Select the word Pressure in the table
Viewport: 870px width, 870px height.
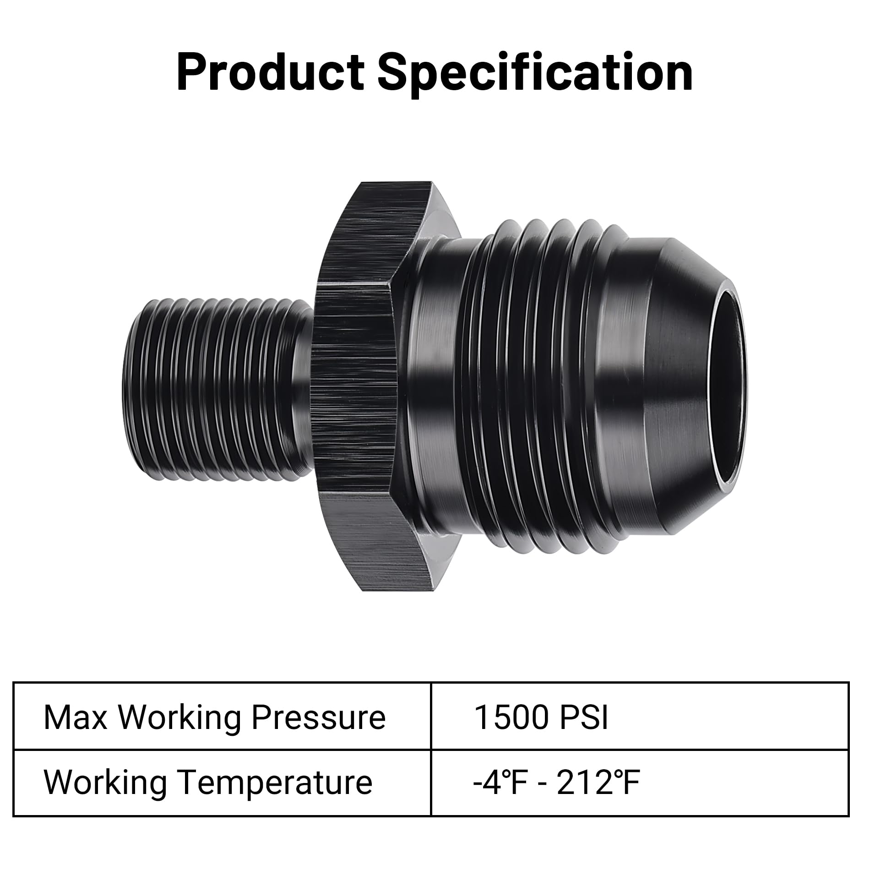click(x=318, y=717)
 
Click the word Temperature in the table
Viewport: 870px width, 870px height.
click(x=275, y=783)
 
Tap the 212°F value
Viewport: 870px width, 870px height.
click(x=598, y=783)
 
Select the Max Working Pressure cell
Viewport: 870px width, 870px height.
click(x=222, y=717)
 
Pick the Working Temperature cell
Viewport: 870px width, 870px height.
click(x=222, y=783)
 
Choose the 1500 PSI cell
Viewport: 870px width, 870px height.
click(x=640, y=717)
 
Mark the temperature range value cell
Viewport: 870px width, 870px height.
click(x=640, y=783)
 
